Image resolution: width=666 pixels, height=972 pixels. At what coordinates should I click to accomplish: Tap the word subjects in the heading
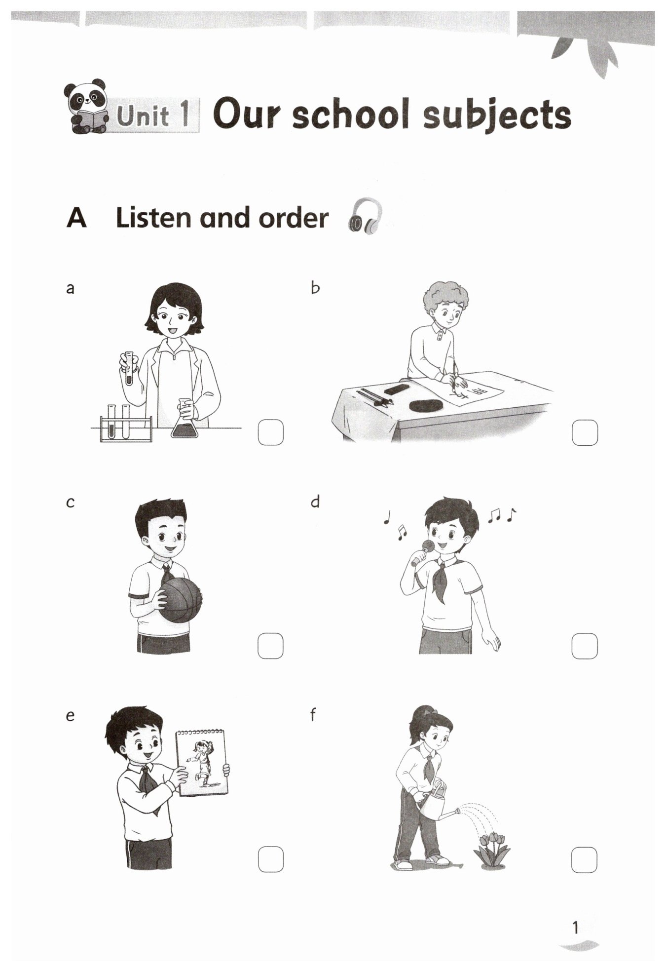[497, 115]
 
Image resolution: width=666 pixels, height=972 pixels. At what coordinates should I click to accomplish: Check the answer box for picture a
[271, 432]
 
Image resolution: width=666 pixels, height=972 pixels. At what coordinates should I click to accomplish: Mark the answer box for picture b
[585, 432]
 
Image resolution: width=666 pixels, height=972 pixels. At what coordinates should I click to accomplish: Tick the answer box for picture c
[270, 646]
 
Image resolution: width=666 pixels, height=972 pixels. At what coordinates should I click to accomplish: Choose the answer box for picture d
[585, 646]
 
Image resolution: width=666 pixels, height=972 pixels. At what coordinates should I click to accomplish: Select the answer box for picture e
[271, 859]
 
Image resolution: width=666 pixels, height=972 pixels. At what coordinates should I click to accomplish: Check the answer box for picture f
[584, 860]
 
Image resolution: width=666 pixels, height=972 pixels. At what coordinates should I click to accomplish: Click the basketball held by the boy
[181, 600]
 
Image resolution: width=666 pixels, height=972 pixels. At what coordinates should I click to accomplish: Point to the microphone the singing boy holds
[422, 552]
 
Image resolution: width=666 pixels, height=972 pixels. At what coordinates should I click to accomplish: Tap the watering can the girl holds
[437, 803]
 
